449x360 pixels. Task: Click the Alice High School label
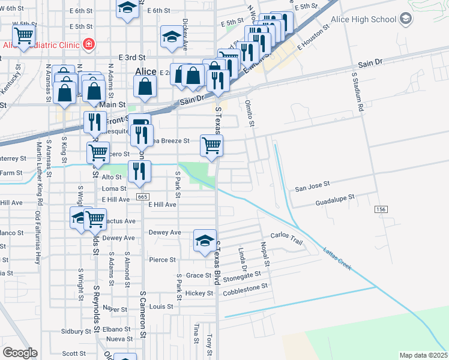click(367, 19)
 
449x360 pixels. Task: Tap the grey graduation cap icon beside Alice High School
click(406, 19)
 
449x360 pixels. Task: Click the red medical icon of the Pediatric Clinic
click(89, 44)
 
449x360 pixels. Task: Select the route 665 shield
click(142, 196)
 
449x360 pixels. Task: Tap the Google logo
click(20, 353)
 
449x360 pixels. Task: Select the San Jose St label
click(312, 188)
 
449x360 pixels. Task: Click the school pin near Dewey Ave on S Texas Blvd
click(205, 241)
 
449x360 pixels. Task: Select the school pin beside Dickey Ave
click(172, 37)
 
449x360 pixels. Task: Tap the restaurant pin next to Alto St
click(139, 170)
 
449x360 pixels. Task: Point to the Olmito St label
click(250, 114)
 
